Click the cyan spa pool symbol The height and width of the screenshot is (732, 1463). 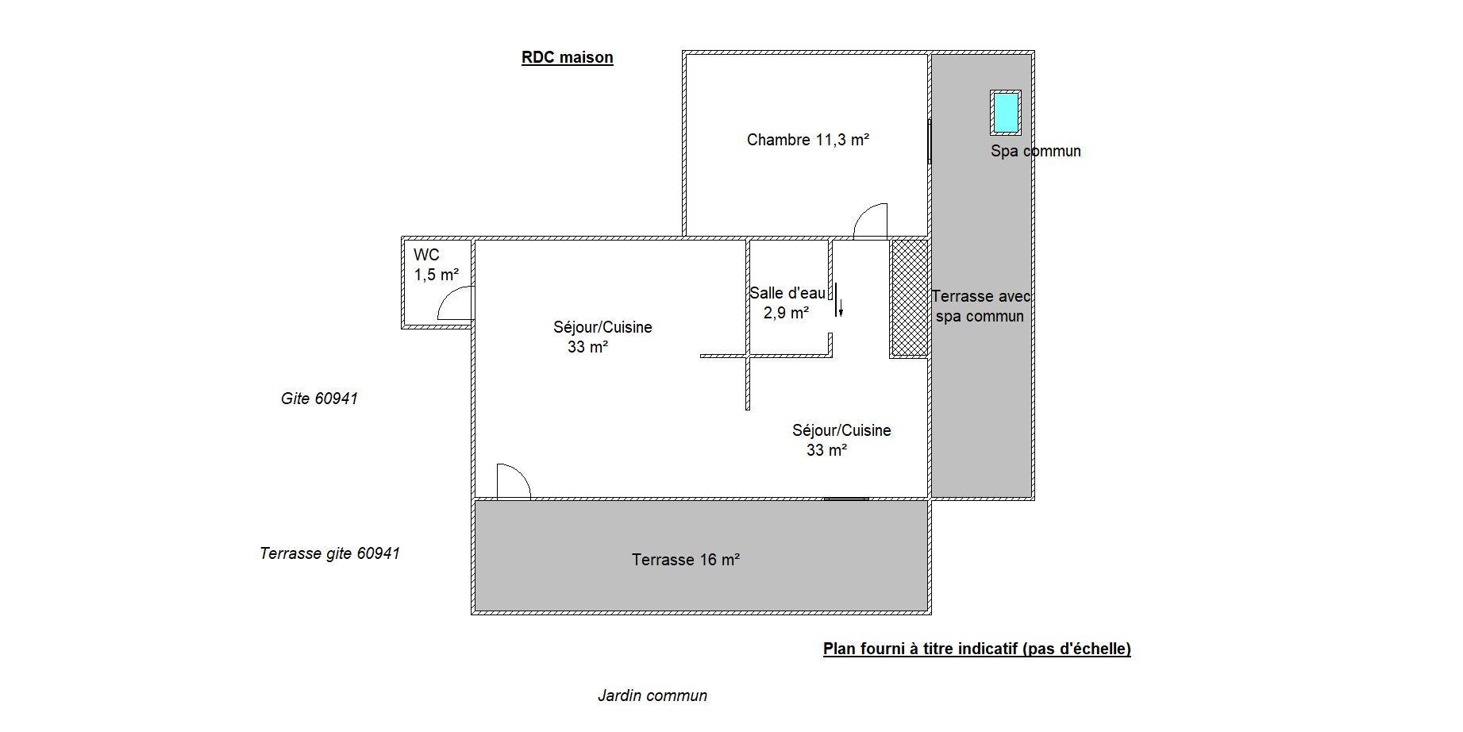click(x=1005, y=113)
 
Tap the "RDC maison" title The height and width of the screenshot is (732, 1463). click(x=567, y=57)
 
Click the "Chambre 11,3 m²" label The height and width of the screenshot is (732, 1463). click(x=808, y=140)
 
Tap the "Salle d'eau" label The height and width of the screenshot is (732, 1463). click(x=787, y=293)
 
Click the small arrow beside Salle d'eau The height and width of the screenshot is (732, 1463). click(x=841, y=305)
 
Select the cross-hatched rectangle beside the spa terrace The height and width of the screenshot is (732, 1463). click(x=910, y=298)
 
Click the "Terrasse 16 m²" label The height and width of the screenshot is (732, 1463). click(x=686, y=560)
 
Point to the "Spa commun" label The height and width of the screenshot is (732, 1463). click(x=1035, y=151)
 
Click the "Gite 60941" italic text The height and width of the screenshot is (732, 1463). click(x=319, y=399)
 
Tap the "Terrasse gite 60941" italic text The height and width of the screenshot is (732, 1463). click(x=329, y=553)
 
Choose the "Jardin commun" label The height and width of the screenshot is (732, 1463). click(x=652, y=696)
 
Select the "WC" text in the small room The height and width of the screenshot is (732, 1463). click(x=426, y=256)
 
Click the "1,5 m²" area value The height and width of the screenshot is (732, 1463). click(x=437, y=275)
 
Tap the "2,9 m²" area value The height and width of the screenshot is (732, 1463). click(x=787, y=313)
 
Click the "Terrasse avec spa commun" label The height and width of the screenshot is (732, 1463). click(x=980, y=306)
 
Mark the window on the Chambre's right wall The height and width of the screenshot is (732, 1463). click(x=930, y=142)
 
